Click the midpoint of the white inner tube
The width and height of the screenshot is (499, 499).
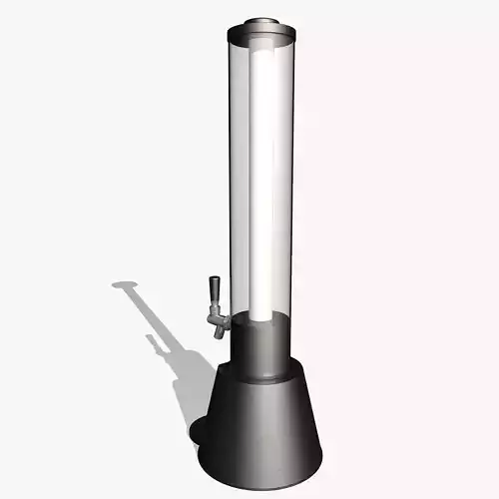coord(263,180)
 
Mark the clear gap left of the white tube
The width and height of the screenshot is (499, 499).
coord(243,180)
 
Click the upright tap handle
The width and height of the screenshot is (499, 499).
coord(213,296)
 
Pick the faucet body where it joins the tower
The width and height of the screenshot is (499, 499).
coord(226,320)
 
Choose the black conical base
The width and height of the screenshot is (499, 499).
coord(261,419)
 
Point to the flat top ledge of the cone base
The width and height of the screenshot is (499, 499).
coord(261,377)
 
